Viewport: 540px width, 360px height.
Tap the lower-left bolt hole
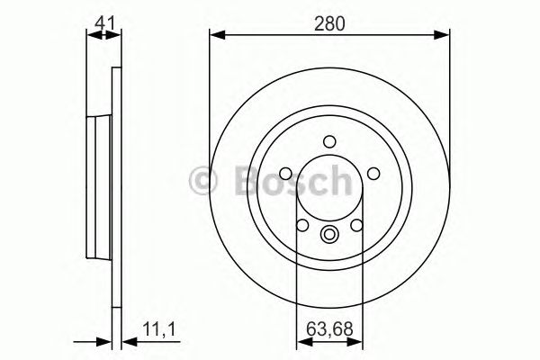(x=302, y=225)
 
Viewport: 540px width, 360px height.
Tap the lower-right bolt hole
(x=356, y=225)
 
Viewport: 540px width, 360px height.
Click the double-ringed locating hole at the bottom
(x=329, y=237)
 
